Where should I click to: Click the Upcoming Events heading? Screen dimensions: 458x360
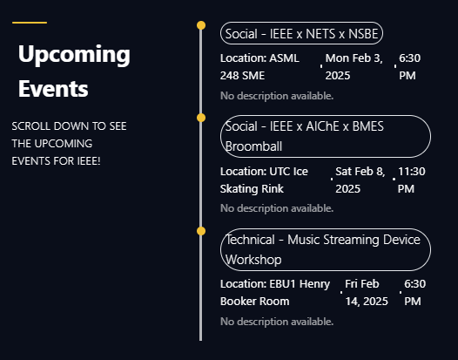click(74, 71)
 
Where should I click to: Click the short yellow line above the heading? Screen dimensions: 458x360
click(30, 23)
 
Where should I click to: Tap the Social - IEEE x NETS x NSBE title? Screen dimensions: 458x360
click(301, 33)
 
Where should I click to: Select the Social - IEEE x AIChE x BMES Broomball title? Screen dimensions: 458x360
click(326, 136)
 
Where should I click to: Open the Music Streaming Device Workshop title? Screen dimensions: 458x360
click(326, 249)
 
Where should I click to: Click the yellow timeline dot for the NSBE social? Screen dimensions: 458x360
click(201, 25)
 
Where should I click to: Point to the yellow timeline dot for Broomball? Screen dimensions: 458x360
click(201, 118)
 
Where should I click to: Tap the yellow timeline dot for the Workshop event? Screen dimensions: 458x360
click(201, 231)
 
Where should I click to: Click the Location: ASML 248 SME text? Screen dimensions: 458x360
click(259, 66)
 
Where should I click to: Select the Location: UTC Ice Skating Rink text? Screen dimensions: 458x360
click(264, 180)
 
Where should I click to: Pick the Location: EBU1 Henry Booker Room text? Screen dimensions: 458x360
click(275, 292)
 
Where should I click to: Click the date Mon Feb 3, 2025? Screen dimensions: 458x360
click(354, 66)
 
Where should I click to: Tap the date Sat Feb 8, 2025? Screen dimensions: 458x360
click(360, 180)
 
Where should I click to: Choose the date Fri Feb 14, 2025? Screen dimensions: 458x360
click(367, 292)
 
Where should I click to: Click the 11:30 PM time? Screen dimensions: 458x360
click(412, 180)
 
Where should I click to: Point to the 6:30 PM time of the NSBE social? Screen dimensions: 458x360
click(410, 66)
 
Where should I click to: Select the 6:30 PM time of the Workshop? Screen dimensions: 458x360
click(415, 292)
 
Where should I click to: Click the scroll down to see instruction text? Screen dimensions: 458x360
click(70, 144)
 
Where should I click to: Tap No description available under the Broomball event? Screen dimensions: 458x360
click(277, 208)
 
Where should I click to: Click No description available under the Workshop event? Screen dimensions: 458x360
click(277, 322)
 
